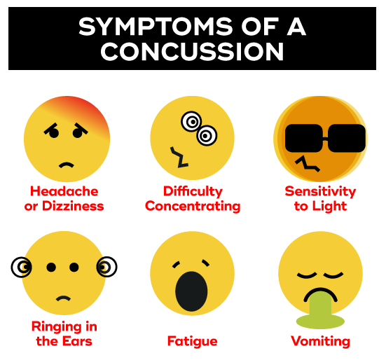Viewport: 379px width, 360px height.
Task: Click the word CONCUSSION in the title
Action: coord(192,51)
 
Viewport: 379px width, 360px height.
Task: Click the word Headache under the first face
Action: coord(64,191)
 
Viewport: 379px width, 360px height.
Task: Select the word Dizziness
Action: coord(73,207)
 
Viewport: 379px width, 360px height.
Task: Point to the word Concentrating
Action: coord(193,207)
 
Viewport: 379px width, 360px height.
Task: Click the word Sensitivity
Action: coord(321,192)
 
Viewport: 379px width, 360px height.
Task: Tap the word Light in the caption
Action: coord(329,207)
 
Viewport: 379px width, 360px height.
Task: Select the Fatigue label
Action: coord(193,342)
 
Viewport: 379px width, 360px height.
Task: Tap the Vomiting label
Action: coord(321,342)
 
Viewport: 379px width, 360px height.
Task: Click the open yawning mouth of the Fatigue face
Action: coord(191,291)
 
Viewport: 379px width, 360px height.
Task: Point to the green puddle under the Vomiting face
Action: coord(321,321)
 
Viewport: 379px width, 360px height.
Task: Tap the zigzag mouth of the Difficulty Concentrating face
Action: coord(179,157)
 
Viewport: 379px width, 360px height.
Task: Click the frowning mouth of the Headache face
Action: coord(67,165)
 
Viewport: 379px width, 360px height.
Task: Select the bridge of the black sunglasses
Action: coord(325,139)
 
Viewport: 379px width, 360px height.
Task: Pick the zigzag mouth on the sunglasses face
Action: coord(308,165)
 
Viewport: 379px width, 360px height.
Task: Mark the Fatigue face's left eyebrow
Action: coord(176,264)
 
